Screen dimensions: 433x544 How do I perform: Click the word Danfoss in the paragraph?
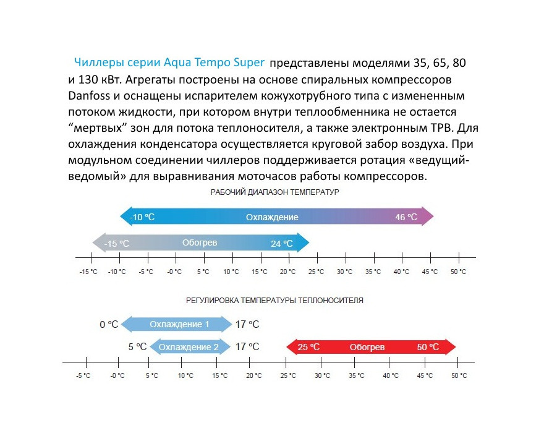coord(89,97)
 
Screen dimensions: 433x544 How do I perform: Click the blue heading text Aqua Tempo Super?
coord(214,62)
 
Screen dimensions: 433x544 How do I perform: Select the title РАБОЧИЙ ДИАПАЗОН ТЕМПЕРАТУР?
coord(274,192)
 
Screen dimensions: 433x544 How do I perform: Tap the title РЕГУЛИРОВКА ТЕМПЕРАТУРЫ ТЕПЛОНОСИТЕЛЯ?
coord(274,301)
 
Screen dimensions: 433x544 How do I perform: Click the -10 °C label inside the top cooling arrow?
coord(142,217)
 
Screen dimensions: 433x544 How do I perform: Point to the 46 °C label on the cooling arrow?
coord(406,217)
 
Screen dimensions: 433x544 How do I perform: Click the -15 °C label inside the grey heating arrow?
coord(116,244)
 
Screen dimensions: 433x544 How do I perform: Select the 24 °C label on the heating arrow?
coord(281,244)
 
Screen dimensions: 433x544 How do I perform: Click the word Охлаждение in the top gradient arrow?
coord(272,217)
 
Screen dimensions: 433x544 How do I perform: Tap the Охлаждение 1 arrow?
coord(179,324)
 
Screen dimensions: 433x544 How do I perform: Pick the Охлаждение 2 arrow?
coord(189,347)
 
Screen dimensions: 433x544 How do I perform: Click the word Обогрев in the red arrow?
coord(367,347)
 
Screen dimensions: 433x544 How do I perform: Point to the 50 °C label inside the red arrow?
coord(428,347)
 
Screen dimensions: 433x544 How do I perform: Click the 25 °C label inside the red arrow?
coord(308,347)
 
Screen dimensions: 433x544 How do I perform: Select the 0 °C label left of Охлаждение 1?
coord(109,324)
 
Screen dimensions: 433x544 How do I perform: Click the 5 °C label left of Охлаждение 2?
coord(137,347)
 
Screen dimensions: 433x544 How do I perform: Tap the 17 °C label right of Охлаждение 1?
coord(247,324)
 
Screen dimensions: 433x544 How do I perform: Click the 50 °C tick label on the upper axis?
coord(458,272)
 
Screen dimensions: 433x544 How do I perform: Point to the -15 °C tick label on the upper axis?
coord(89,272)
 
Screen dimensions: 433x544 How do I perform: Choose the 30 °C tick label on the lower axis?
coord(321,375)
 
